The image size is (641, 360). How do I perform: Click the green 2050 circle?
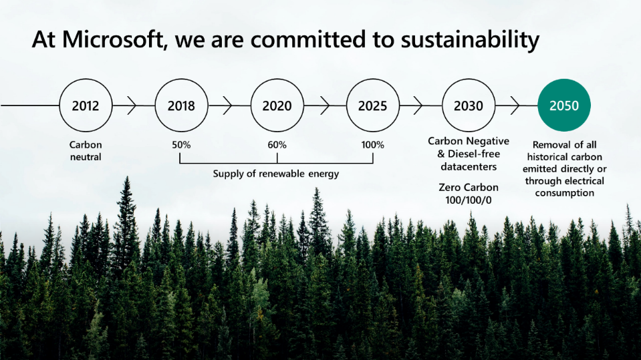[564, 105]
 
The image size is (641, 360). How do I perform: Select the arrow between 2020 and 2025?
[325, 106]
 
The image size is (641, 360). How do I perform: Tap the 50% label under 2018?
[181, 145]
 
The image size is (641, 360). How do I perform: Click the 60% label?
[277, 145]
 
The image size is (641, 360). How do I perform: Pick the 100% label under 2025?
[373, 145]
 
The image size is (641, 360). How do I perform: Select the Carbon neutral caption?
[86, 151]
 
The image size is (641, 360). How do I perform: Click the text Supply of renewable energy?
[276, 174]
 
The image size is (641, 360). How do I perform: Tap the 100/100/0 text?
[469, 200]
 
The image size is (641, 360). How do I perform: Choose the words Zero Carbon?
[469, 188]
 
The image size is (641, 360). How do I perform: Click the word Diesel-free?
[474, 154]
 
